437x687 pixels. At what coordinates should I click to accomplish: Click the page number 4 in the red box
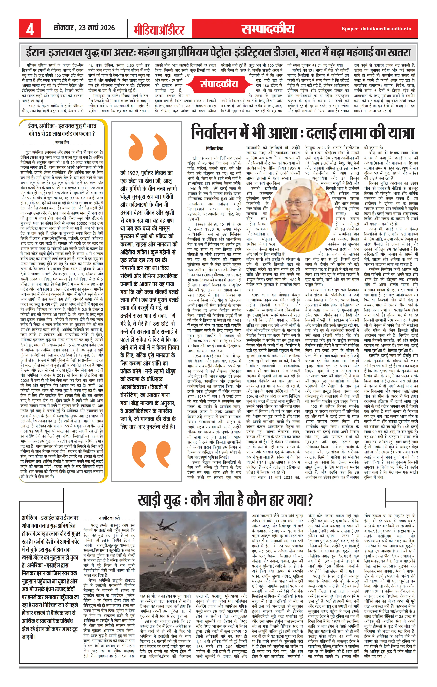point(30,29)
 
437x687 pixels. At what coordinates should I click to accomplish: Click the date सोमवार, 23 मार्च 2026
point(84,28)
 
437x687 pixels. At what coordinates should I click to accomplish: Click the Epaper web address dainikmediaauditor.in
point(376,29)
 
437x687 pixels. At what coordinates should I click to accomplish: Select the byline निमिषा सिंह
point(215,148)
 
